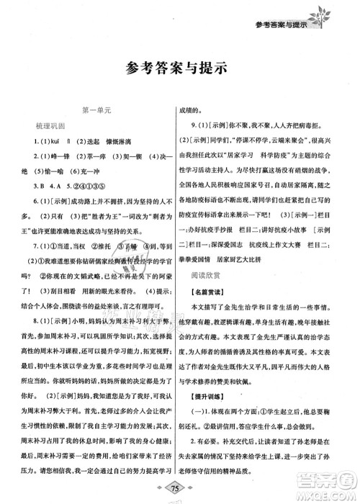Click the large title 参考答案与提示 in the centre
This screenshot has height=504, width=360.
tap(175, 70)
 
